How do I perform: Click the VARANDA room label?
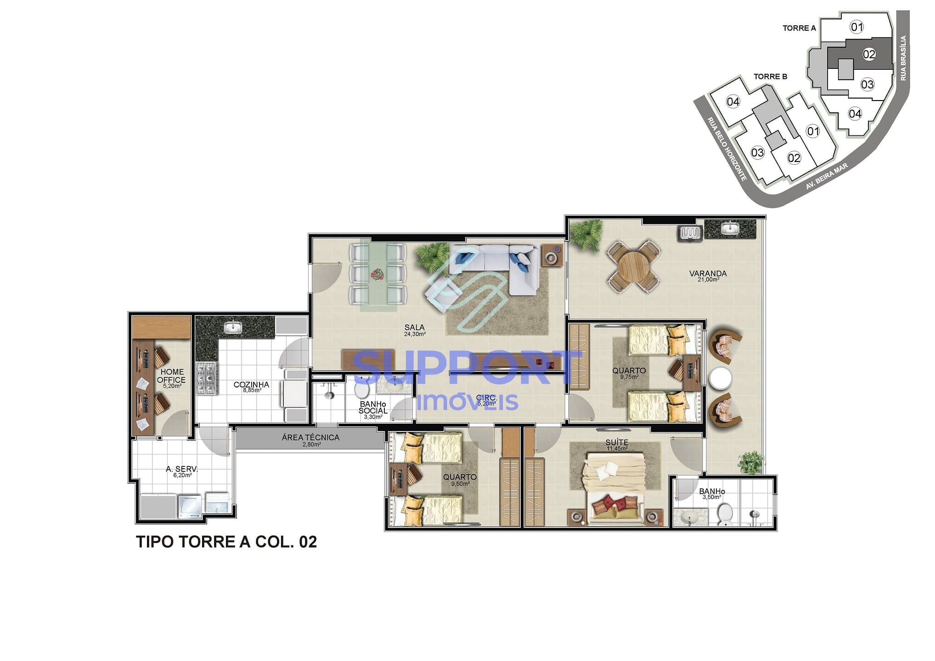pyautogui.click(x=708, y=274)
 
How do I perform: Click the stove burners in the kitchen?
pyautogui.click(x=206, y=378)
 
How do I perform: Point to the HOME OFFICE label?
pyautogui.click(x=171, y=375)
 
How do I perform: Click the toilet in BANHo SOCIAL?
pyautogui.click(x=362, y=391)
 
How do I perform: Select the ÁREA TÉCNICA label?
pyautogui.click(x=310, y=437)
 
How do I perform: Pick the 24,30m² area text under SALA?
pyautogui.click(x=414, y=334)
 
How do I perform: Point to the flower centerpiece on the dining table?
pyautogui.click(x=377, y=274)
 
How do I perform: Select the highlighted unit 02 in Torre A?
pyautogui.click(x=868, y=55)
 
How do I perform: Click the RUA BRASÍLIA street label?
pyautogui.click(x=903, y=58)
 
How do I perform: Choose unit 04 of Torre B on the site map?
pyautogui.click(x=733, y=101)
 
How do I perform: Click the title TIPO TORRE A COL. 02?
pyautogui.click(x=226, y=542)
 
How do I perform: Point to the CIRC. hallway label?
pyautogui.click(x=486, y=398)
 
